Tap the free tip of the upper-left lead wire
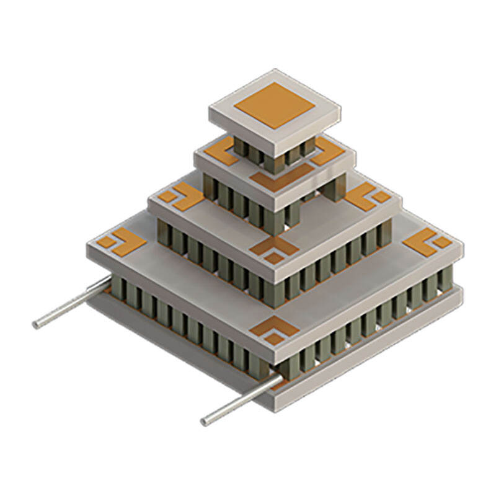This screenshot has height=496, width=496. pyautogui.click(x=37, y=324)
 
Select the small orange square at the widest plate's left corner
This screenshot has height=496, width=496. pyautogui.click(x=108, y=242)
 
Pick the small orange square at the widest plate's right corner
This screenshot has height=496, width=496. pyautogui.click(x=441, y=242)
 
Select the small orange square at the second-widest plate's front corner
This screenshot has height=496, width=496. pyautogui.click(x=273, y=258)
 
